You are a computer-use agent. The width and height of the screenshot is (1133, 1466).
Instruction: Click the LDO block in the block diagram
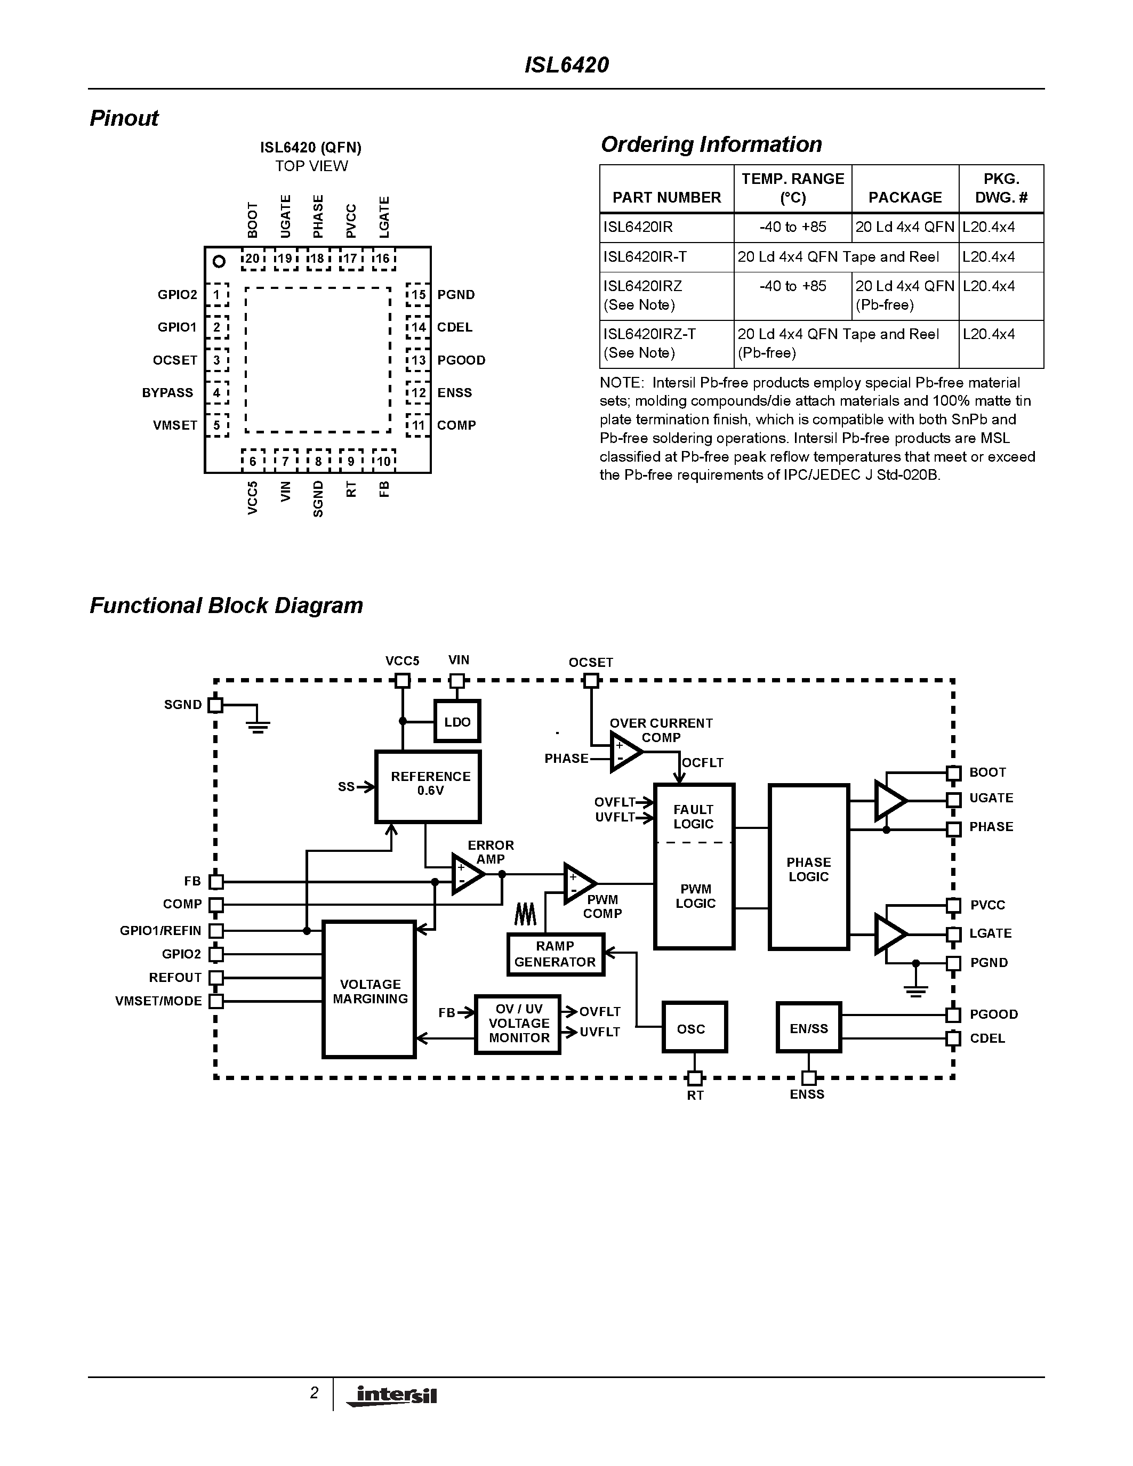(457, 722)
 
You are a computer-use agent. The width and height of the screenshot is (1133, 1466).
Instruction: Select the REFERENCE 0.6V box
(428, 786)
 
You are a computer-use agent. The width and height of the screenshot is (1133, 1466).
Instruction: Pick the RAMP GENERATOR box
(555, 954)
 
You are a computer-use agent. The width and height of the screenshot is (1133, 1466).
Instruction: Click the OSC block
(694, 1028)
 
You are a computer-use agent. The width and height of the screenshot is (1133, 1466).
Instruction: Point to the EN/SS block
(808, 1028)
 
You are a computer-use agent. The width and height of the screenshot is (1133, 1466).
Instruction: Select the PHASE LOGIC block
(808, 867)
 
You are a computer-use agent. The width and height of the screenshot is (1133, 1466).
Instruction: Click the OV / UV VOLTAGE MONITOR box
(518, 1024)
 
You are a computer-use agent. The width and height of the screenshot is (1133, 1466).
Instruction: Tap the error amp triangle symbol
(467, 874)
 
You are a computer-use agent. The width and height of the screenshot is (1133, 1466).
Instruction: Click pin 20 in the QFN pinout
(252, 259)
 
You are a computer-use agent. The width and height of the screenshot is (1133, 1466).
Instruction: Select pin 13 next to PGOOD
(418, 360)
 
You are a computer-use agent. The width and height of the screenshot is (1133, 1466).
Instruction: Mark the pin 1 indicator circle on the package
(218, 261)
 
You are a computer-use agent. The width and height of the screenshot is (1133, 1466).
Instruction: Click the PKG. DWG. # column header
(1001, 189)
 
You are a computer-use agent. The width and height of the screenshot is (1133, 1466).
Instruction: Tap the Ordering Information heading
(711, 144)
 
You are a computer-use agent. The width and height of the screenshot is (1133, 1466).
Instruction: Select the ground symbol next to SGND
(258, 723)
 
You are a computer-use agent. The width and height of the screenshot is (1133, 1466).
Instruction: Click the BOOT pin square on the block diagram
(953, 772)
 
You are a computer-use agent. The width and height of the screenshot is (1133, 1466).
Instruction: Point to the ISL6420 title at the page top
(566, 65)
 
